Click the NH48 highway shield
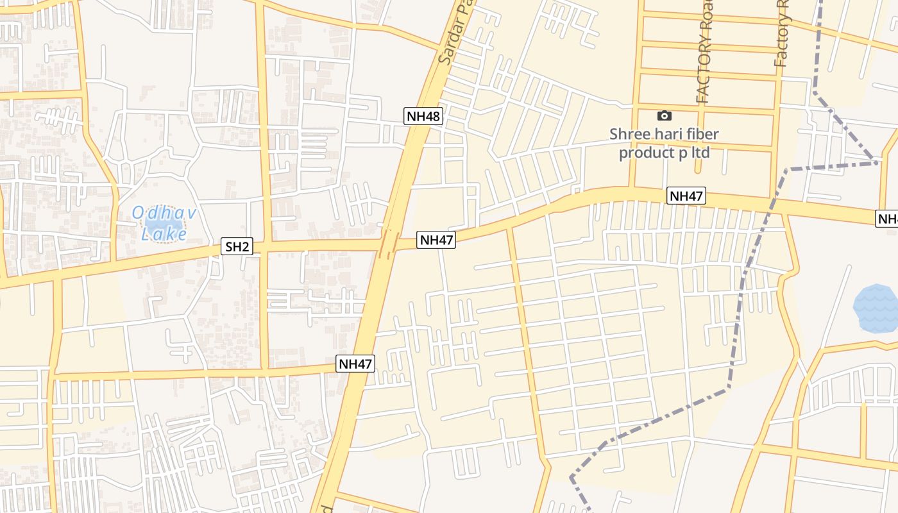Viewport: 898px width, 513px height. tap(423, 116)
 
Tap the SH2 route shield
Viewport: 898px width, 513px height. tap(237, 246)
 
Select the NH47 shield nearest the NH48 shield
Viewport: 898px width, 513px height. tap(437, 240)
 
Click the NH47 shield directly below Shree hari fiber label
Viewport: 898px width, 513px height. tap(686, 196)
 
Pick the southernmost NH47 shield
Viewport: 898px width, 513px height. tap(355, 364)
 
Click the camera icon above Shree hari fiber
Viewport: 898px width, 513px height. tap(665, 116)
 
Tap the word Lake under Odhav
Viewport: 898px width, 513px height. tap(164, 235)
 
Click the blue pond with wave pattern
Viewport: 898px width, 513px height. tap(876, 308)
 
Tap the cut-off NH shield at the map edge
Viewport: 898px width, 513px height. tap(888, 219)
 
